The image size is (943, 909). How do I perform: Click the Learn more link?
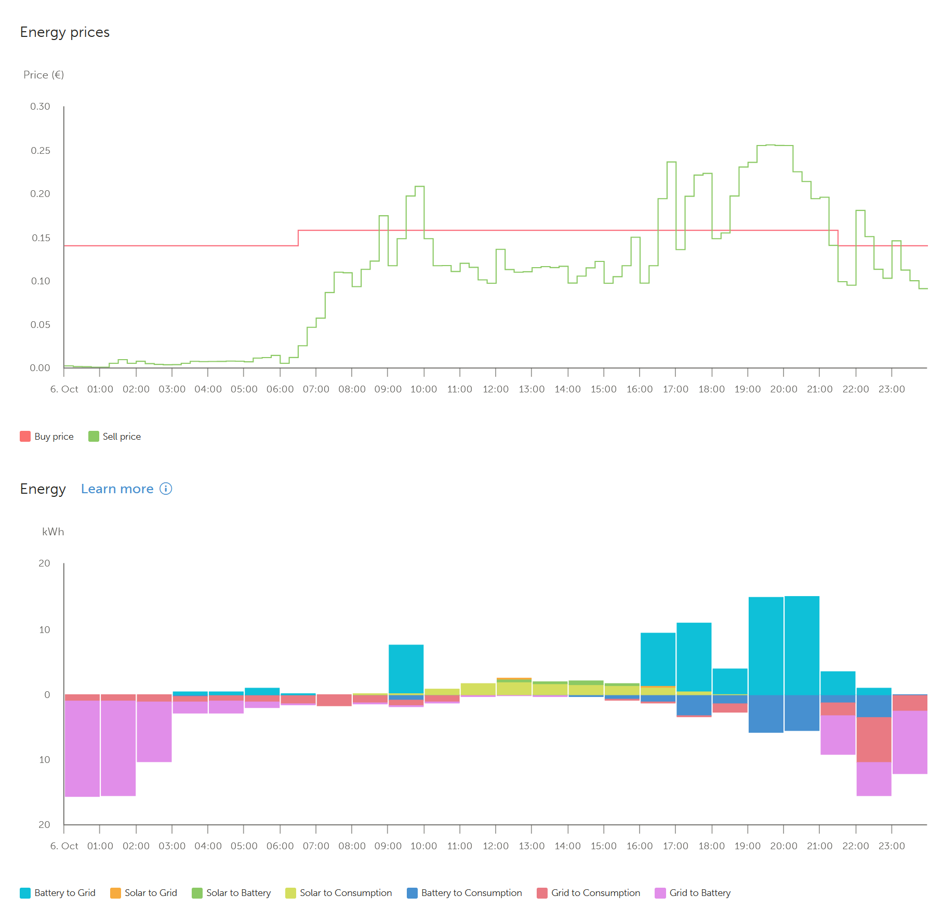click(x=117, y=489)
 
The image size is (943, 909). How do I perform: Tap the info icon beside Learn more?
click(x=166, y=489)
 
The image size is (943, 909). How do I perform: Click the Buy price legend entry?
click(x=47, y=437)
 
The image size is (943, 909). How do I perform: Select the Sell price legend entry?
click(x=115, y=437)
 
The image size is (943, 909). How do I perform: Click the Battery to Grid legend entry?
click(x=58, y=893)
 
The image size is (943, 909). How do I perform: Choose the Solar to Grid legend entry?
click(x=144, y=893)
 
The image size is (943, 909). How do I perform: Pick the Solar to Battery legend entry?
click(x=232, y=893)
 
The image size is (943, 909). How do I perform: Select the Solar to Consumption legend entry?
click(x=339, y=893)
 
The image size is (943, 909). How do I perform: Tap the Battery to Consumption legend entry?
click(x=464, y=893)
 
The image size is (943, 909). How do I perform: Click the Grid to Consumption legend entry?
click(x=589, y=893)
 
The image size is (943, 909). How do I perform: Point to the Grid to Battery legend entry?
click(x=693, y=893)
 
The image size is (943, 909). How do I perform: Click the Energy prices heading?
click(x=65, y=32)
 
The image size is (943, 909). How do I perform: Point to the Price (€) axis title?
click(x=44, y=75)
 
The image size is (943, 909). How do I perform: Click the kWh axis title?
click(x=53, y=532)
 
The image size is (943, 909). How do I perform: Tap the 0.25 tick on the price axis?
click(x=41, y=151)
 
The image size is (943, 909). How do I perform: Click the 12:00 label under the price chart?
click(x=496, y=389)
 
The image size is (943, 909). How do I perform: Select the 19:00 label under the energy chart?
click(x=748, y=846)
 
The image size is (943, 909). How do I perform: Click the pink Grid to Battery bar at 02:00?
click(x=154, y=732)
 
